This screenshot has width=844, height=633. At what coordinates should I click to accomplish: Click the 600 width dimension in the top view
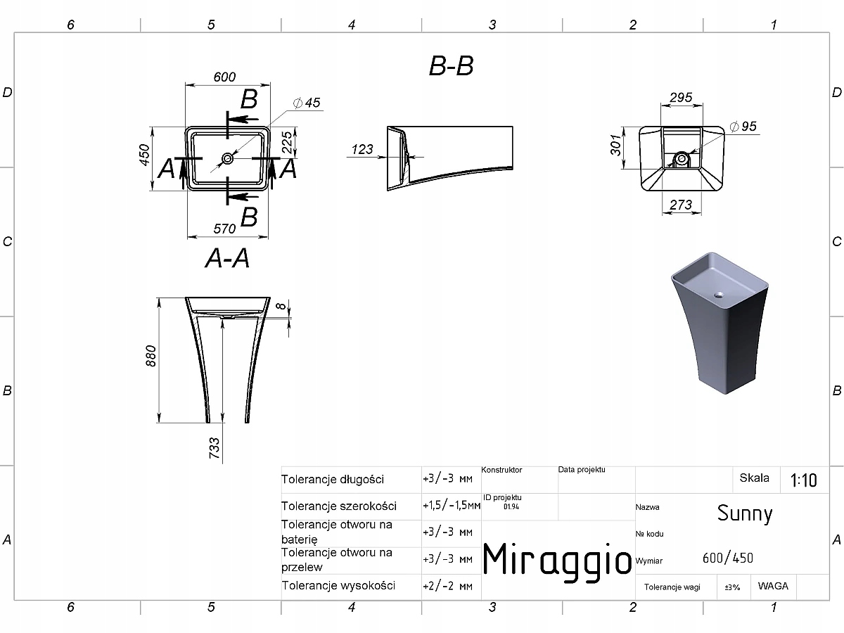(x=224, y=77)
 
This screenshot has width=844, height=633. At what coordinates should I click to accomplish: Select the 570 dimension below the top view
(x=224, y=229)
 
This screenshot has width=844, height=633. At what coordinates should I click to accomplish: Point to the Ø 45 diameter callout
(x=307, y=103)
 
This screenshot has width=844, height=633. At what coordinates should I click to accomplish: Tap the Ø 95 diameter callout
(x=743, y=126)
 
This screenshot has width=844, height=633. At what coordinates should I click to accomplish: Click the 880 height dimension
(x=151, y=357)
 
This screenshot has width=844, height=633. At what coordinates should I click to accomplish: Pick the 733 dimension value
(x=215, y=448)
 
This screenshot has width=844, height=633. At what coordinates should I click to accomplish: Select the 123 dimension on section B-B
(x=362, y=149)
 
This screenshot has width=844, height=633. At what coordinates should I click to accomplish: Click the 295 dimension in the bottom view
(x=681, y=97)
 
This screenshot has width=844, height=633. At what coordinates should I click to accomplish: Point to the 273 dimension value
(x=681, y=205)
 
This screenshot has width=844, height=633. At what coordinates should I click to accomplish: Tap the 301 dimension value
(x=615, y=146)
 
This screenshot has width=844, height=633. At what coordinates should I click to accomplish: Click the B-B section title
(x=451, y=65)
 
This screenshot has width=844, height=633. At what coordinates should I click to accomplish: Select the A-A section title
(x=227, y=258)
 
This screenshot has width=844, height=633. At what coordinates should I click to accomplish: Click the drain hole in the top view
(x=227, y=158)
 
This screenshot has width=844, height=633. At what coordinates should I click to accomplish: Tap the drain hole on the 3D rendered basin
(x=719, y=295)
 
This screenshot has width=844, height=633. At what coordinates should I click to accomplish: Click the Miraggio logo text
(x=557, y=559)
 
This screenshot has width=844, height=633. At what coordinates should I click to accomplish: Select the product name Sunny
(x=745, y=513)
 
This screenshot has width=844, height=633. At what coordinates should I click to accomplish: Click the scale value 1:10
(x=803, y=480)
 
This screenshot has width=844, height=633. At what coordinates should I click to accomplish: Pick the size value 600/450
(x=727, y=558)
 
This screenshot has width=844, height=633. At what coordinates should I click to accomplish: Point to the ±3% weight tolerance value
(x=732, y=587)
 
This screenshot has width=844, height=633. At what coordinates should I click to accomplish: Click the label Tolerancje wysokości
(x=338, y=585)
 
